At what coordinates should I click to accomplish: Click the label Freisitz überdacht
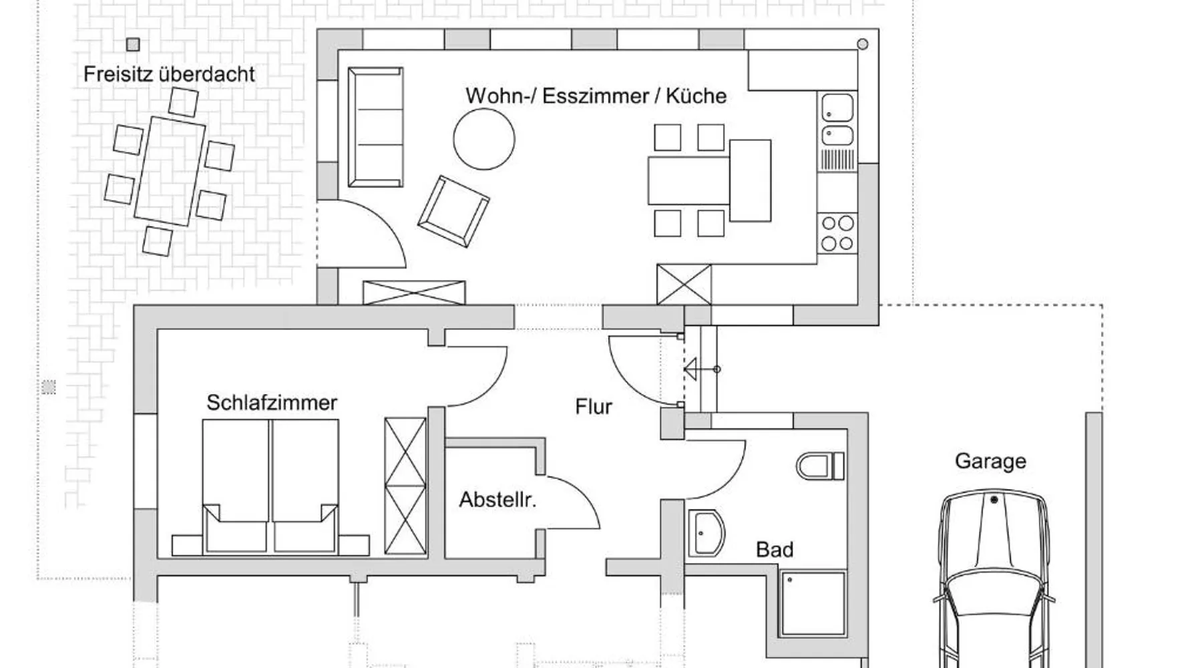[x=169, y=73]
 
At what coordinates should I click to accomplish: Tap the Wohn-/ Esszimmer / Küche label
[x=596, y=96]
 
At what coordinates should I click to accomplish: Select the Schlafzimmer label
[x=272, y=402]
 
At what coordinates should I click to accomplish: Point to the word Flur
[x=594, y=406]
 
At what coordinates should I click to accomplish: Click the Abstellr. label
[x=497, y=499]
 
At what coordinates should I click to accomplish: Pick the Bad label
[x=775, y=549]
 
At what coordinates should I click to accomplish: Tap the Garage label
[x=990, y=461]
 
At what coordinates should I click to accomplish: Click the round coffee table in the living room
[x=484, y=139]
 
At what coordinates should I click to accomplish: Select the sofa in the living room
[x=375, y=127]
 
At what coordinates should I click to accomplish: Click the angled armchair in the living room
[x=453, y=211]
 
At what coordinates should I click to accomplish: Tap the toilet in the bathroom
[x=821, y=466]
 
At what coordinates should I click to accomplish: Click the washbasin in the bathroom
[x=706, y=533]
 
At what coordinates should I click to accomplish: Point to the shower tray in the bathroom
[x=813, y=603]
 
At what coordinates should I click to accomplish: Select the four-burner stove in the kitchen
[x=837, y=233]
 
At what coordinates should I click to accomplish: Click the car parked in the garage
[x=993, y=578]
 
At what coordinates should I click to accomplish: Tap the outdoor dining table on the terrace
[x=170, y=172]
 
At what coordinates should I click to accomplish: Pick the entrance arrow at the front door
[x=701, y=369]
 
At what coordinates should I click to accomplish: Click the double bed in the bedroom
[x=270, y=486]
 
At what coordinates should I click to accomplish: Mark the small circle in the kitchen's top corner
[x=863, y=44]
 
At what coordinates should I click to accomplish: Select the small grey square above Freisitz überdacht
[x=133, y=45]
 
